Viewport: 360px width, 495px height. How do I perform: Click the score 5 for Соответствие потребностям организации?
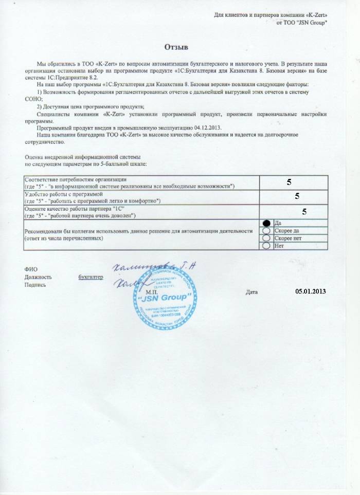pyautogui.click(x=289, y=182)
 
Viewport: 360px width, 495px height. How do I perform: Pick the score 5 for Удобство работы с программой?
pyautogui.click(x=297, y=196)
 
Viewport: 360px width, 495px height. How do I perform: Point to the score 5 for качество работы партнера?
pyautogui.click(x=304, y=211)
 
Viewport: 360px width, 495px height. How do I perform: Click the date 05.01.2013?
pyautogui.click(x=311, y=291)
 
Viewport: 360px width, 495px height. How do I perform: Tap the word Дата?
pyautogui.click(x=251, y=292)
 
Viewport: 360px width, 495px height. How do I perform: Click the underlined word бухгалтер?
pyautogui.click(x=91, y=277)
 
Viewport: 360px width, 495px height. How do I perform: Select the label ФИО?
pyautogui.click(x=30, y=269)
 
